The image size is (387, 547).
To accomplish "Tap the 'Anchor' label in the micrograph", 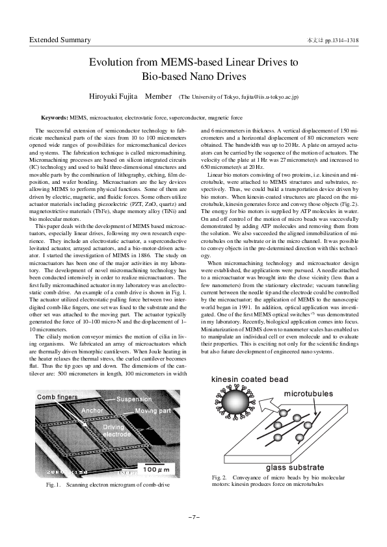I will tap(92, 411).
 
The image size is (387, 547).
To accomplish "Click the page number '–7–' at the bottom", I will tap(193, 517).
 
